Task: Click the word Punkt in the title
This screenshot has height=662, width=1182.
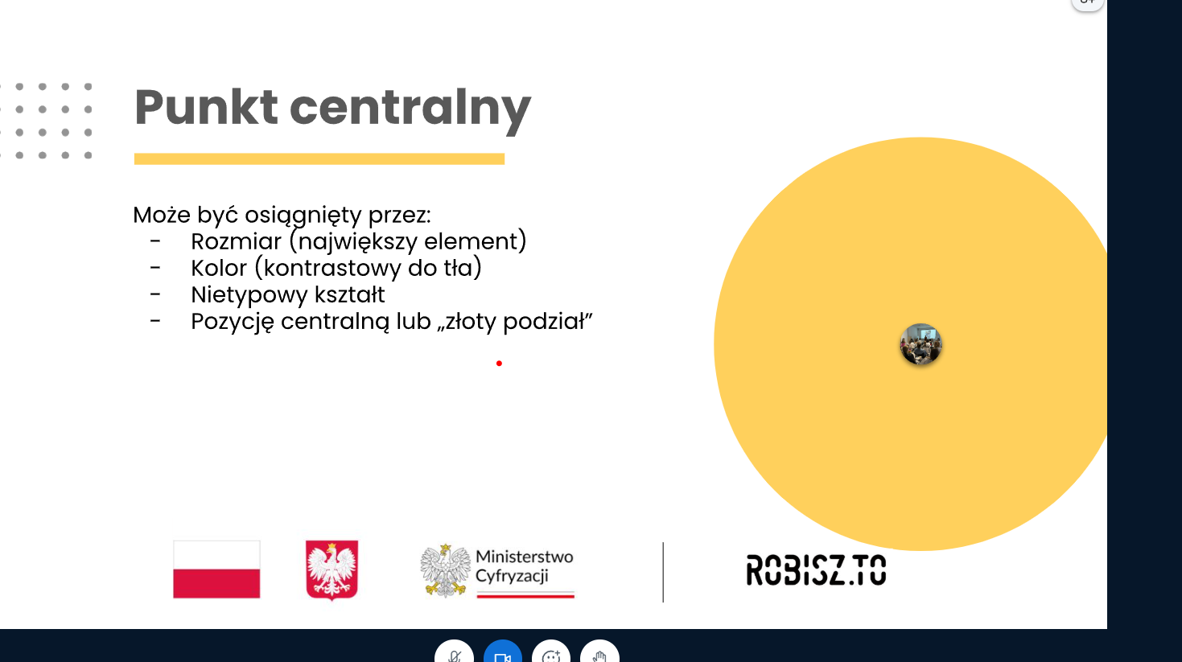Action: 206,107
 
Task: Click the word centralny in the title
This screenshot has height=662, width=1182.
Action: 410,111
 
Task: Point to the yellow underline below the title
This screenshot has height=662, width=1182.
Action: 319,158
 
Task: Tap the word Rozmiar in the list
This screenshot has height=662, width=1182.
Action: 236,241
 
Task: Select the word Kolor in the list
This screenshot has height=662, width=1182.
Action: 219,268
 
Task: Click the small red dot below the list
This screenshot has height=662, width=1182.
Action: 499,364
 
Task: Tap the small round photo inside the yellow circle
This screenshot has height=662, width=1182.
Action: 920,344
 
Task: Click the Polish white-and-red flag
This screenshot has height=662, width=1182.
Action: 216,569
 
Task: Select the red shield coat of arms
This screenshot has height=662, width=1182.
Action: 332,569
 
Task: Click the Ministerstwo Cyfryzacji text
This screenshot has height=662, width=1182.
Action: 524,566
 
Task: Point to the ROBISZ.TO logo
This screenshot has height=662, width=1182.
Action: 817,570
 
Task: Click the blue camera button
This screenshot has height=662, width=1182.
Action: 503,652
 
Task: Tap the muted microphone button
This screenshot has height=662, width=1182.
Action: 455,652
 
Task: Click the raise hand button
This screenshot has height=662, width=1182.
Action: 600,652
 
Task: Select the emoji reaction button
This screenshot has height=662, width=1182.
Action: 551,652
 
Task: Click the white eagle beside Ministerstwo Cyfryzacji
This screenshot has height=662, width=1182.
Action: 445,571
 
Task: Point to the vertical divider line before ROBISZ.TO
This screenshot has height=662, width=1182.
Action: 663,572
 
